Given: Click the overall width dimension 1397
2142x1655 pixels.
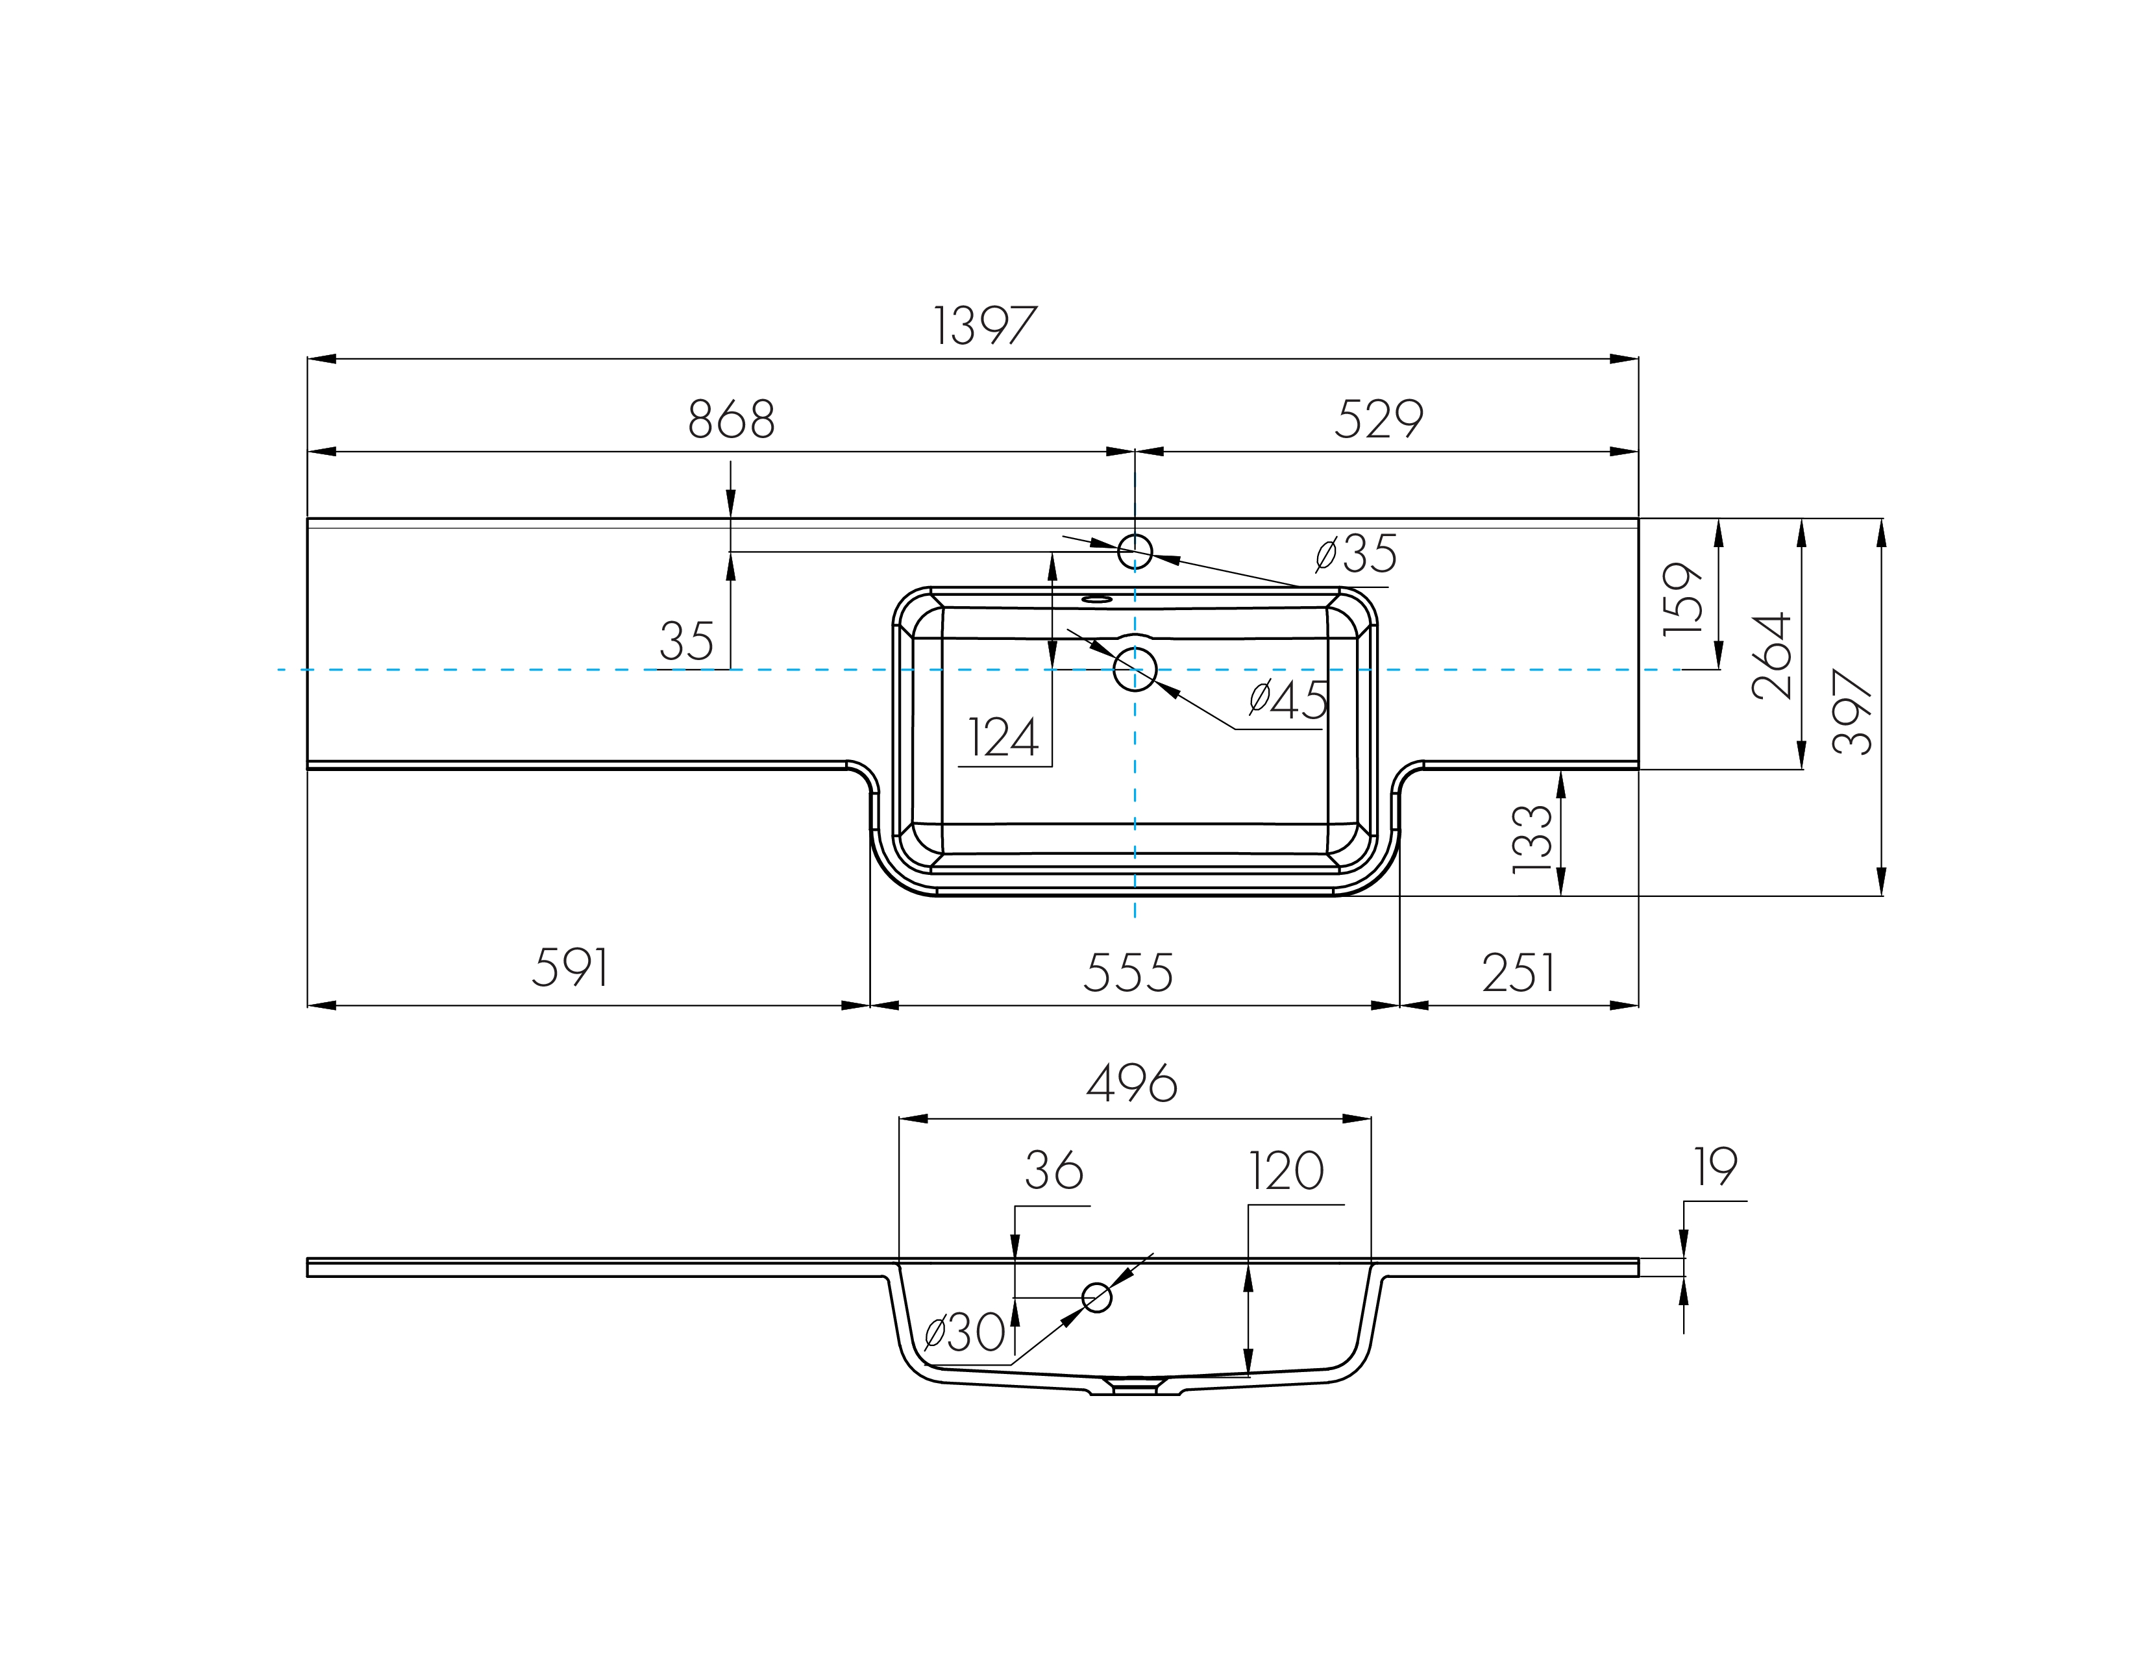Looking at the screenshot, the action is point(984,326).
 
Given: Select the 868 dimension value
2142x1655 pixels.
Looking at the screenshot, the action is point(731,420).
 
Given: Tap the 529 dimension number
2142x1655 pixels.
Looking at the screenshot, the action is point(1378,420).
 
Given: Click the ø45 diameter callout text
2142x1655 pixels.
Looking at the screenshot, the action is point(1288,699).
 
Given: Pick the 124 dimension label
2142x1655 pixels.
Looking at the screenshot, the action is point(1002,739).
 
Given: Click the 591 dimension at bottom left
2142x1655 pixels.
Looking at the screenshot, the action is point(570,968).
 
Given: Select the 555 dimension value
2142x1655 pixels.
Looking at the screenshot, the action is point(1128,973).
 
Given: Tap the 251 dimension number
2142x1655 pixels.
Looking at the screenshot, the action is point(1518,973).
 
